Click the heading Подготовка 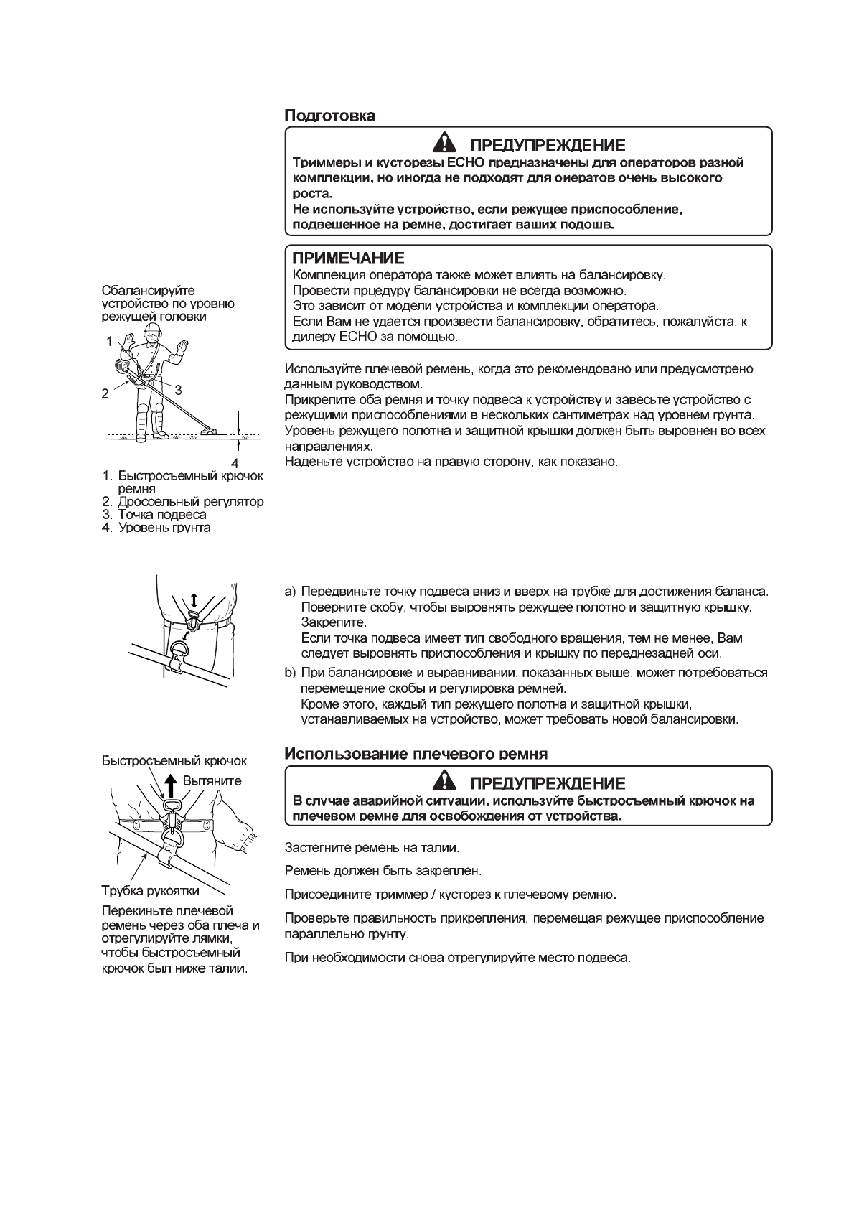[330, 116]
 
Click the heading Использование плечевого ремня [416, 754]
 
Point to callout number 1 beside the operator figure [110, 342]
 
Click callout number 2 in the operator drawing [105, 393]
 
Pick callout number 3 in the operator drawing [178, 390]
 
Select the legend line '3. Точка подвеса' [154, 515]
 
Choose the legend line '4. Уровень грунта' [156, 528]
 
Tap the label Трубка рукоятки [150, 892]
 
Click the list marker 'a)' [291, 592]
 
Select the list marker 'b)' [291, 673]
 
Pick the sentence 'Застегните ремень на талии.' [372, 848]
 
